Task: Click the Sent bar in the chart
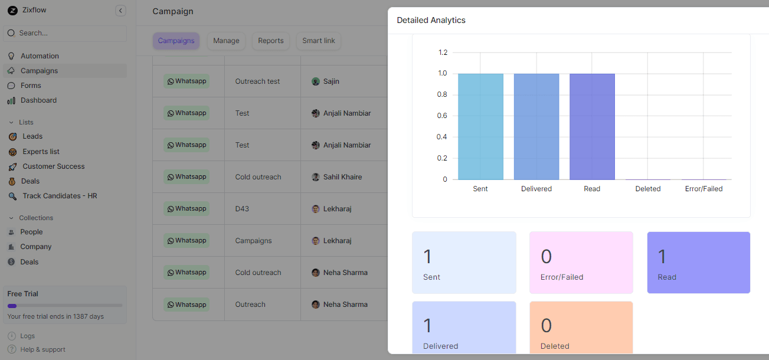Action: coord(480,126)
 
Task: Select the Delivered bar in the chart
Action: coord(536,126)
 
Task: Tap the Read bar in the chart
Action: coord(592,126)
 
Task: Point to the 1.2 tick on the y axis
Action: coord(443,53)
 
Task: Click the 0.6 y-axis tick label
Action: coord(443,116)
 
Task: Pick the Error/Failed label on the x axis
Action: coord(703,189)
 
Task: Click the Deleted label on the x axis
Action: coord(648,189)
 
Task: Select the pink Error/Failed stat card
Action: coord(581,263)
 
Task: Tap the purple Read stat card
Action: coord(698,263)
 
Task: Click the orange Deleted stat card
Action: coord(581,328)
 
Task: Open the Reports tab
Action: coord(271,41)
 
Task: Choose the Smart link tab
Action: coord(319,41)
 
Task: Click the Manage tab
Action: coord(226,41)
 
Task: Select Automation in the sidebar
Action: coord(40,56)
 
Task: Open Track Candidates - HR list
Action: coord(60,196)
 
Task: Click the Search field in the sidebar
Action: coord(65,33)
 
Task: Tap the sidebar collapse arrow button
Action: coord(120,11)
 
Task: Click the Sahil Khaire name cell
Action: coord(342,177)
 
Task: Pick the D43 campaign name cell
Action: coord(243,209)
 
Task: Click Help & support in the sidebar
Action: coord(42,349)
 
